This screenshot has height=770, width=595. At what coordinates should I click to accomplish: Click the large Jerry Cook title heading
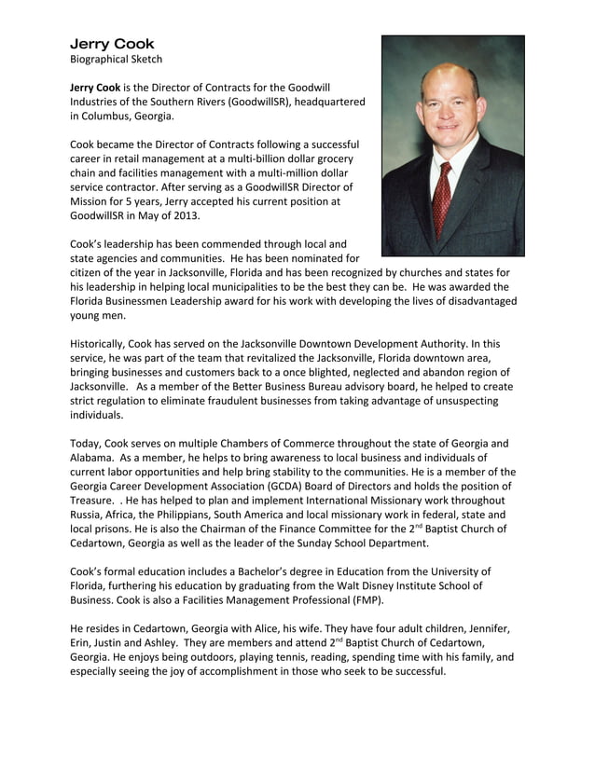[x=112, y=44]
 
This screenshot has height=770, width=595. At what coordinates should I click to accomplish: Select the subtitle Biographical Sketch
[x=117, y=60]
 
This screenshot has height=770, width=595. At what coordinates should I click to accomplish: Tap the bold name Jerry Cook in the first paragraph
[x=95, y=87]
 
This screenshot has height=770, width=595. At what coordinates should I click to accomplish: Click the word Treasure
[x=97, y=500]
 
